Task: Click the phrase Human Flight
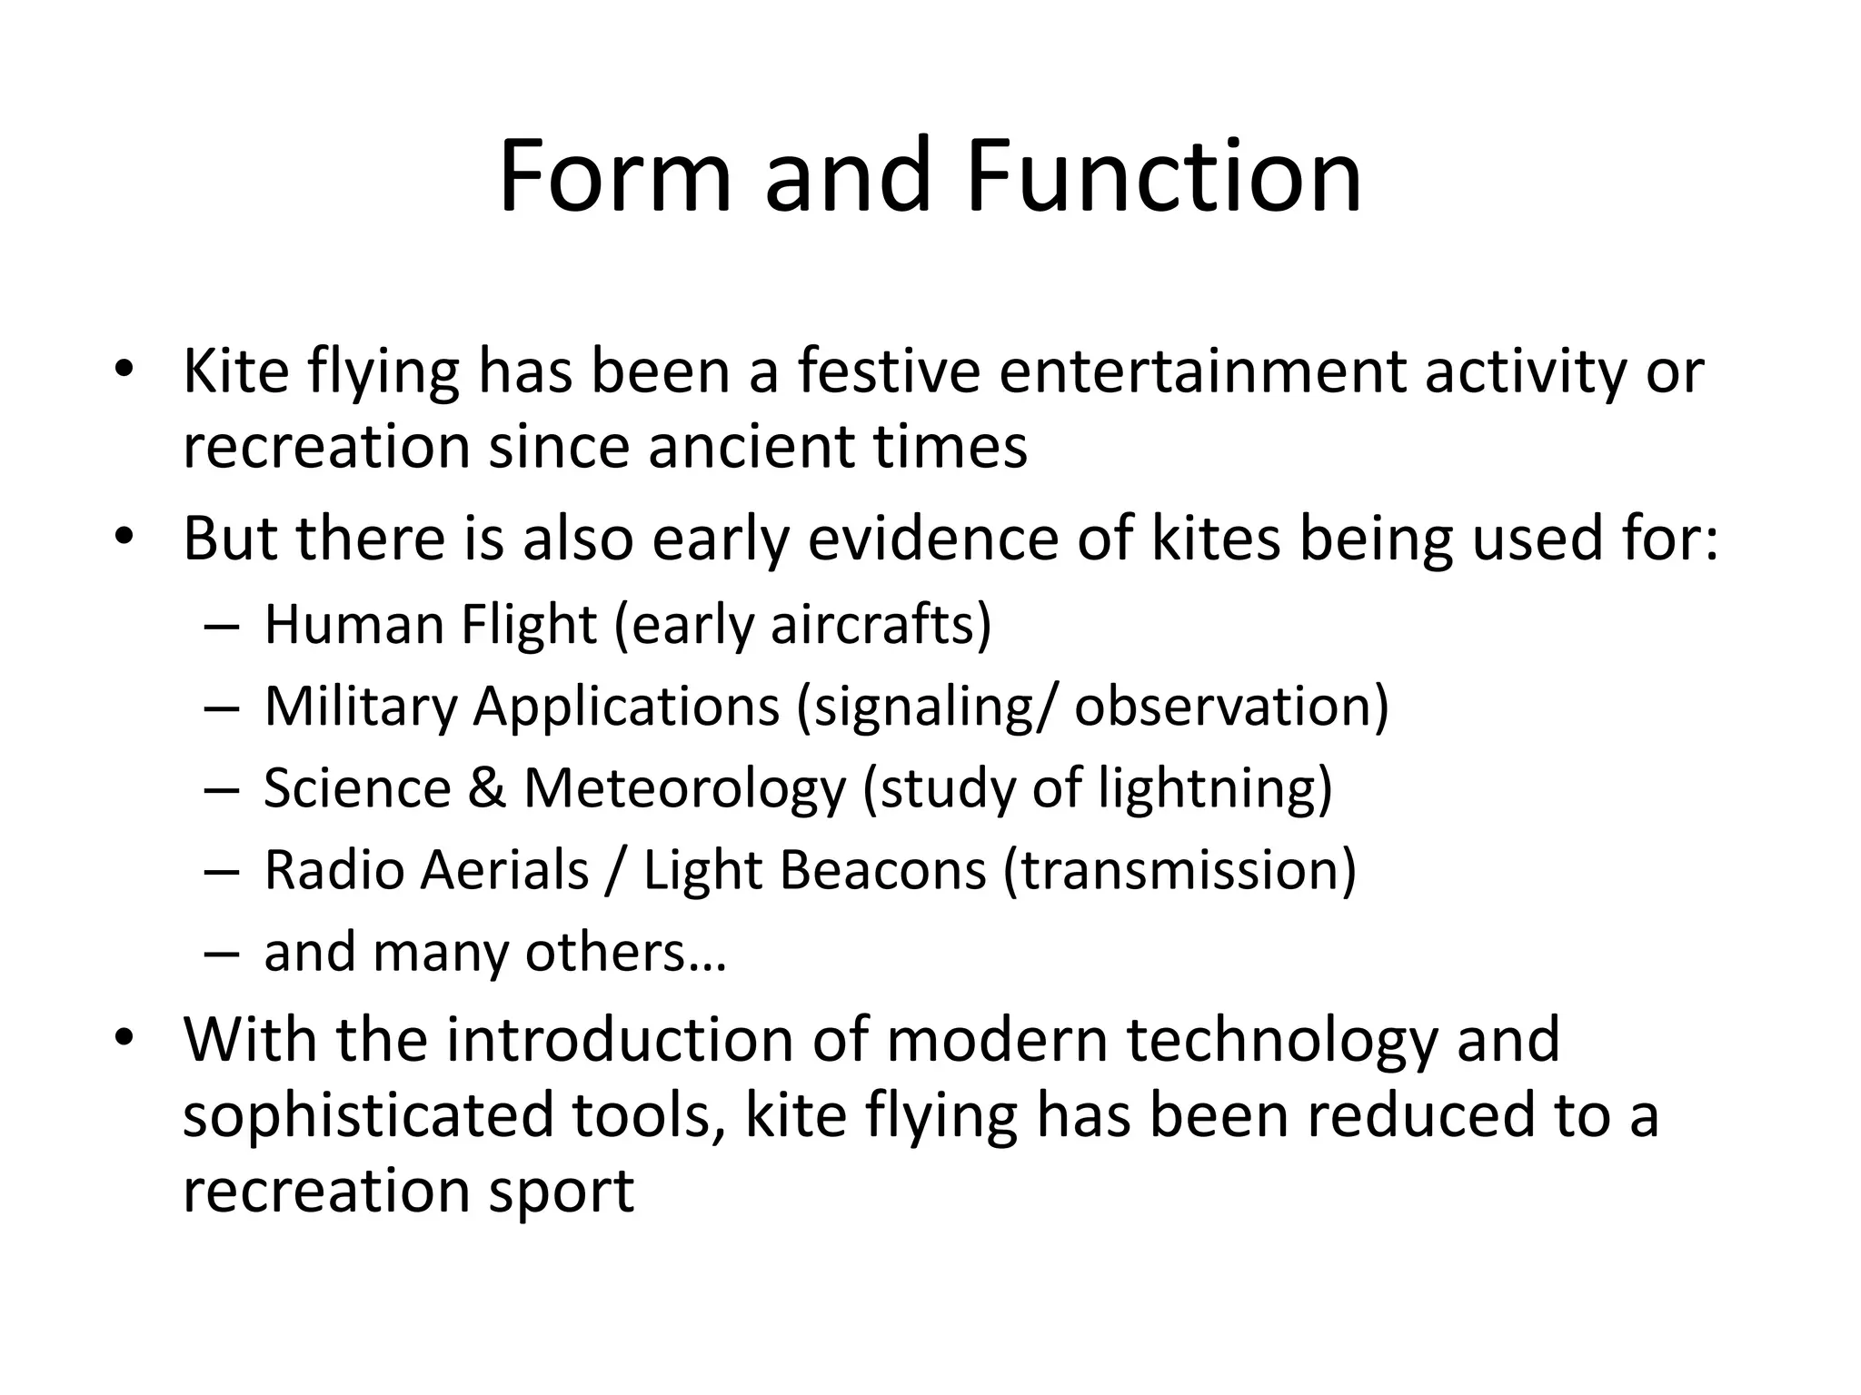(x=431, y=625)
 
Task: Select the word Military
(x=360, y=706)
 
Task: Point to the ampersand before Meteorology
(x=487, y=787)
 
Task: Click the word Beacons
(x=882, y=869)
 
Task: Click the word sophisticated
(x=368, y=1115)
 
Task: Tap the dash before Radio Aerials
(x=221, y=871)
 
